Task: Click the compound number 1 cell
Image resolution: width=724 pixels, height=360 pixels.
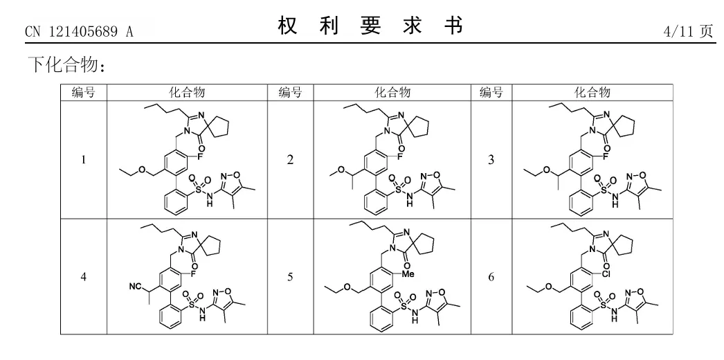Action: click(84, 160)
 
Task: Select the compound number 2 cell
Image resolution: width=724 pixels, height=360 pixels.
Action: click(290, 160)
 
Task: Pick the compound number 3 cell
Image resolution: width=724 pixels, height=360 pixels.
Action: click(491, 160)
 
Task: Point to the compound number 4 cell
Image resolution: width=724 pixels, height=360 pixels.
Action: click(84, 277)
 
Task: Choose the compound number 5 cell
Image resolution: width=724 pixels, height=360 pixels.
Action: click(290, 277)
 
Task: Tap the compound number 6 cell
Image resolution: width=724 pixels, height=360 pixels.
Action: click(491, 277)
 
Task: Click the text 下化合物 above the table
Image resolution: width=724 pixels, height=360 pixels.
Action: click(66, 66)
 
